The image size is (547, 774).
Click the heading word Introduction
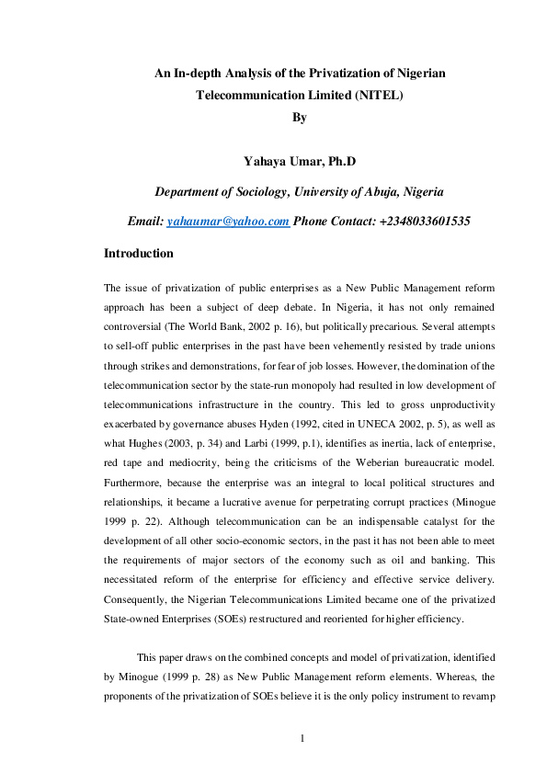pyautogui.click(x=139, y=253)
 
